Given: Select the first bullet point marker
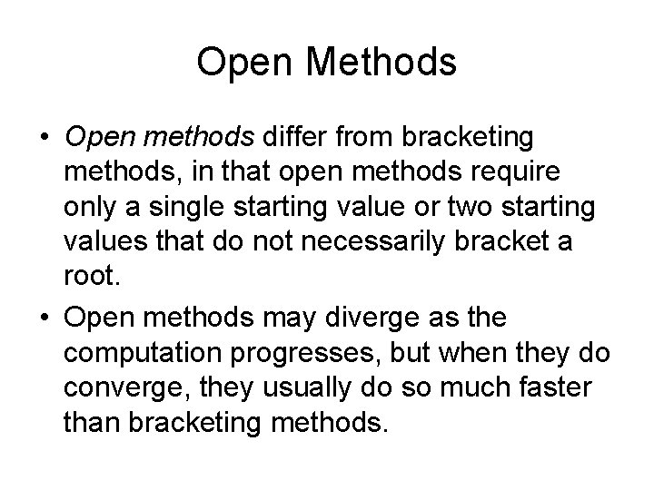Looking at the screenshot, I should (x=45, y=139).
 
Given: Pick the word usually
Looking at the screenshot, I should (x=301, y=387).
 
